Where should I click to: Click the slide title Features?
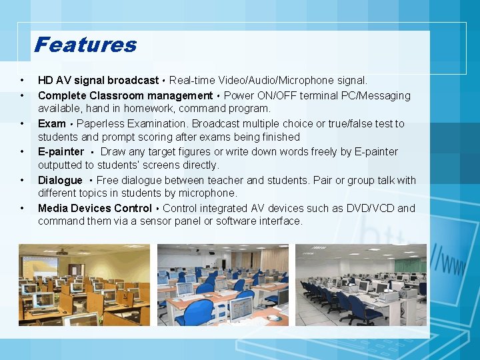pos(85,45)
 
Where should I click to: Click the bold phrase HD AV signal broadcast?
pos(98,81)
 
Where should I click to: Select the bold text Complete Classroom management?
pos(125,95)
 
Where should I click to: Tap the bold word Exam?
pos(52,123)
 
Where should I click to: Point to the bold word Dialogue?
pos(60,180)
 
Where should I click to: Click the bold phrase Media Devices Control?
pos(95,208)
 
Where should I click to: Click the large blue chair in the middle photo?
pos(195,312)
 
